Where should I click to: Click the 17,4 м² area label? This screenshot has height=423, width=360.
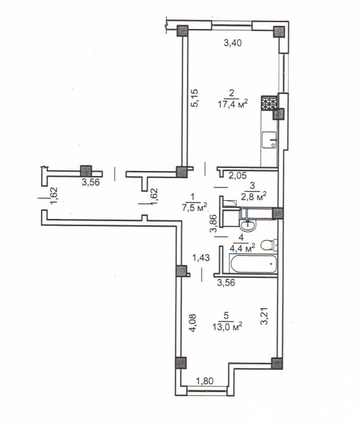[x=232, y=104]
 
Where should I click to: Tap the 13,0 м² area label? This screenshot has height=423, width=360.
[x=227, y=326]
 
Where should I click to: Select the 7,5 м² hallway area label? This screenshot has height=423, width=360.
[x=194, y=208]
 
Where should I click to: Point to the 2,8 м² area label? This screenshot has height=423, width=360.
[x=253, y=196]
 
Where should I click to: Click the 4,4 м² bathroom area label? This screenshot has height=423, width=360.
[x=243, y=247]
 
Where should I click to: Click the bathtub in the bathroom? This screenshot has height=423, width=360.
[x=253, y=264]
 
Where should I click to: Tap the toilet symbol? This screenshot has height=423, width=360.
[x=269, y=245]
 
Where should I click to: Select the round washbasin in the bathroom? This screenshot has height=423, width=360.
[x=248, y=225]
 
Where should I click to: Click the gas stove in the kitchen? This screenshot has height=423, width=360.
[x=269, y=104]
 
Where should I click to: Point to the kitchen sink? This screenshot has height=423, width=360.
[x=270, y=140]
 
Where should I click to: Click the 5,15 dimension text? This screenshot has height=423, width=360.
[x=195, y=98]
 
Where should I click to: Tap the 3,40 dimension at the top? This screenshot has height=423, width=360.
[x=232, y=43]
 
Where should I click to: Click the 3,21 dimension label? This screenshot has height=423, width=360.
[x=265, y=316]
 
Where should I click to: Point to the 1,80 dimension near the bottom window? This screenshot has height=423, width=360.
[x=205, y=381]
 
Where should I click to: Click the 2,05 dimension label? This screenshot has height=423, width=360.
[x=237, y=176]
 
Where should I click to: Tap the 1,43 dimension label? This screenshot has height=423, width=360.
[x=201, y=258]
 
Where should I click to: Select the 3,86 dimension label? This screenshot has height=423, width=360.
[x=213, y=223]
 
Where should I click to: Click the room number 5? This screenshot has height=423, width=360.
[x=226, y=315]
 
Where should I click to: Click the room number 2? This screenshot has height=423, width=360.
[x=231, y=93]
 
